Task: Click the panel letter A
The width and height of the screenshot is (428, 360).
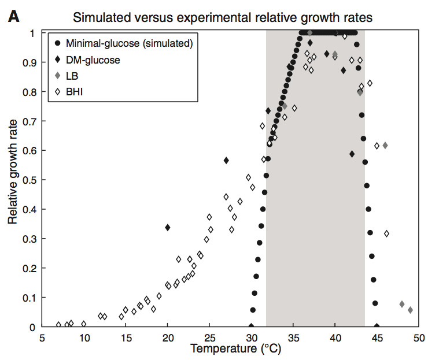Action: (13, 17)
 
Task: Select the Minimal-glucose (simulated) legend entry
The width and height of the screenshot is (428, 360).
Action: (123, 42)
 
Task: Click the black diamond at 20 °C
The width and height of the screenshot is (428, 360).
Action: (168, 228)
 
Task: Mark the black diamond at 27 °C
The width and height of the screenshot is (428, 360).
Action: (226, 160)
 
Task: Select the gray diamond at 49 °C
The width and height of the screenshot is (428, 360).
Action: (410, 310)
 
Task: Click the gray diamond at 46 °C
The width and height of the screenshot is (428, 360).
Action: (385, 146)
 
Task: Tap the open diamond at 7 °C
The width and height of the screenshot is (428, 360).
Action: (58, 325)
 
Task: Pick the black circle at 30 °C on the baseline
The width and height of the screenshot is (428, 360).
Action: (252, 326)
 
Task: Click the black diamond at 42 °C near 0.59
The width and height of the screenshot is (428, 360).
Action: (352, 154)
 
